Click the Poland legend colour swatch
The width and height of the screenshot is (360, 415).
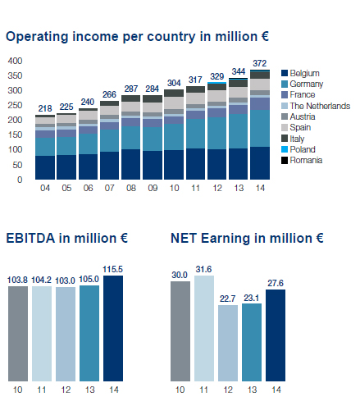point(285,149)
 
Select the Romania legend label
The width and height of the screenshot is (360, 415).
point(306,160)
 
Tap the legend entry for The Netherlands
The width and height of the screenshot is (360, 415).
point(316,106)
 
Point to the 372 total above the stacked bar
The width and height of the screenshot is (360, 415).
point(259,63)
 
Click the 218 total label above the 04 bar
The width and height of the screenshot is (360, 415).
point(45,108)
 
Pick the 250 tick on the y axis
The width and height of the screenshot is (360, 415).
point(15,105)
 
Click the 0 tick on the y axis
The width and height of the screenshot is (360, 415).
point(20,180)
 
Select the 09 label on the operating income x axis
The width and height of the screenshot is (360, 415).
point(153,188)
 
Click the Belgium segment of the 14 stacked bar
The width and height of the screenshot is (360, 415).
point(260,163)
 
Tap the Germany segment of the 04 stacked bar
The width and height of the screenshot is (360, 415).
point(45,147)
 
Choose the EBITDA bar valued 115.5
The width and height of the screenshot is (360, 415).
point(113,328)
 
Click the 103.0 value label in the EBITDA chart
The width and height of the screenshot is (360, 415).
point(65,280)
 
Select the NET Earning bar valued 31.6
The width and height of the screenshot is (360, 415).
point(204,328)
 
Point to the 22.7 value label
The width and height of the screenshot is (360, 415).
point(228,299)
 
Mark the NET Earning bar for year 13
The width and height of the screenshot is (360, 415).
point(252,342)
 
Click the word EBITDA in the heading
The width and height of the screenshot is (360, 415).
point(30,238)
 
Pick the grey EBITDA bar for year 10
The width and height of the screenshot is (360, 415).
point(18,334)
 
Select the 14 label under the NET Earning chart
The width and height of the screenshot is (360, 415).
point(276,390)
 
